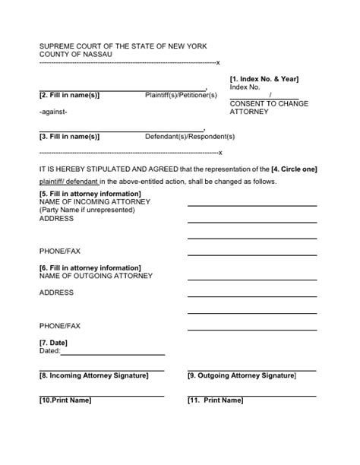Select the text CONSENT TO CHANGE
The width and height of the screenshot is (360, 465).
pyautogui.click(x=269, y=103)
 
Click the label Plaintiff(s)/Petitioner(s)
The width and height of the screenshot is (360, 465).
pyautogui.click(x=181, y=95)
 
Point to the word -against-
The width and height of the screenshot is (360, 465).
pyautogui.click(x=53, y=112)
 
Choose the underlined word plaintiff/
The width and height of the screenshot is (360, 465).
pyautogui.click(x=54, y=182)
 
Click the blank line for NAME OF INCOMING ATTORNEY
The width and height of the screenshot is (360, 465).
pyautogui.click(x=252, y=205)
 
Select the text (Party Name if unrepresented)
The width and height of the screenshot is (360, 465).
pyautogui.click(x=87, y=210)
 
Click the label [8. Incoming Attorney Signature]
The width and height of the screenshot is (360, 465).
pyautogui.click(x=93, y=375)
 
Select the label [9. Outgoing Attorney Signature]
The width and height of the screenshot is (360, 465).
pyautogui.click(x=242, y=375)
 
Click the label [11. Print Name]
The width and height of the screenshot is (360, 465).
pyautogui.click(x=215, y=400)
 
